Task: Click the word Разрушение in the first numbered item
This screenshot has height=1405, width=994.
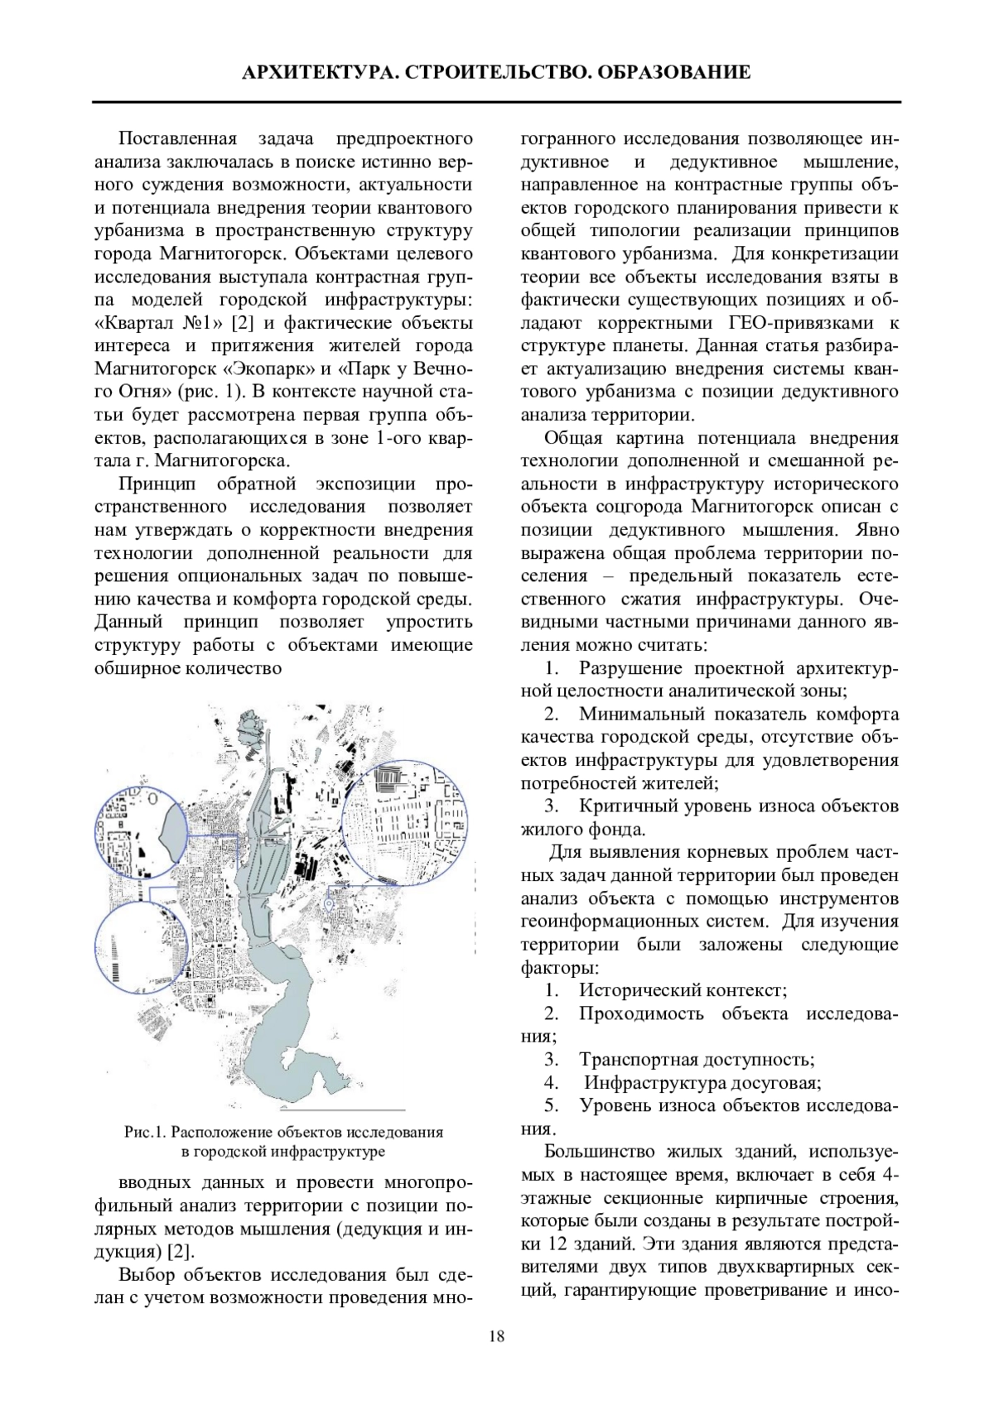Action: click(x=630, y=668)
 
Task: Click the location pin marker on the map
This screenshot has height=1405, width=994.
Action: click(x=329, y=904)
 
